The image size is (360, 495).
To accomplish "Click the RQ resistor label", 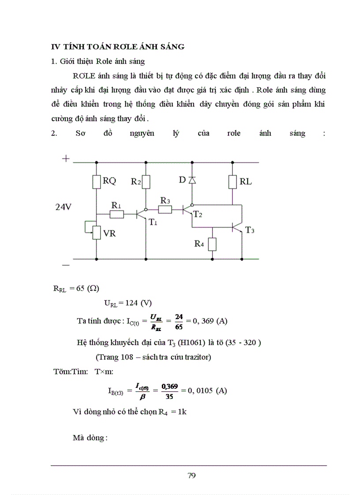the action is tap(109, 180).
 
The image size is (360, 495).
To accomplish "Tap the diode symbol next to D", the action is tap(191, 180).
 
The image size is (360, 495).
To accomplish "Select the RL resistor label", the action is tap(246, 181).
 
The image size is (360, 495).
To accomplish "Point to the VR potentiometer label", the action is tap(109, 233).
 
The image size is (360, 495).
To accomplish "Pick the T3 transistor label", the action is tap(250, 230).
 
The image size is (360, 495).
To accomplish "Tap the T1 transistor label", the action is tap(153, 222).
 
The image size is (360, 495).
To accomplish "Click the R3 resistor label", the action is tap(165, 201).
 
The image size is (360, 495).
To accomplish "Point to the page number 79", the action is tap(191, 475).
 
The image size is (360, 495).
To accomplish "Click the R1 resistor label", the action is tap(116, 205).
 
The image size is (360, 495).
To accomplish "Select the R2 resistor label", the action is tap(136, 181).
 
